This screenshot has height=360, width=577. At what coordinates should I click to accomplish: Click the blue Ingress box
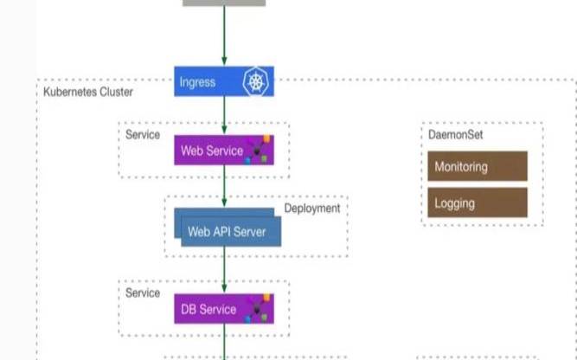coord(208,82)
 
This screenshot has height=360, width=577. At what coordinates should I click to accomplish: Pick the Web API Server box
coord(227,231)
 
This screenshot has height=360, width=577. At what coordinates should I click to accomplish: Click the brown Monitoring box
coord(477,166)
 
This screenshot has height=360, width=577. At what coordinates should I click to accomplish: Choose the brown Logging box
coord(477,202)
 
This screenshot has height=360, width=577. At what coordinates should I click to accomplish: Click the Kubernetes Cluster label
coord(87,90)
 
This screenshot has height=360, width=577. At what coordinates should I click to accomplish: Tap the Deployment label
coord(312,209)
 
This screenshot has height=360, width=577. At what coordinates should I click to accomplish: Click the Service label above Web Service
coord(143,134)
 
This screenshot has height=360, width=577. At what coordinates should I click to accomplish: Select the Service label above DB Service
coord(143,292)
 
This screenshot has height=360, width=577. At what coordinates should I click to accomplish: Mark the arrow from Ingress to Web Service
coord(224,114)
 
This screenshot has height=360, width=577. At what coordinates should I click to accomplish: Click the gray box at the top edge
coord(224,3)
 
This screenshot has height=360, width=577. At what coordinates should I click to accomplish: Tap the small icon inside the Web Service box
coord(260,150)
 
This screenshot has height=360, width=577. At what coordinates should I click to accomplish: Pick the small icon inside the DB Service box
coord(260,309)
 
